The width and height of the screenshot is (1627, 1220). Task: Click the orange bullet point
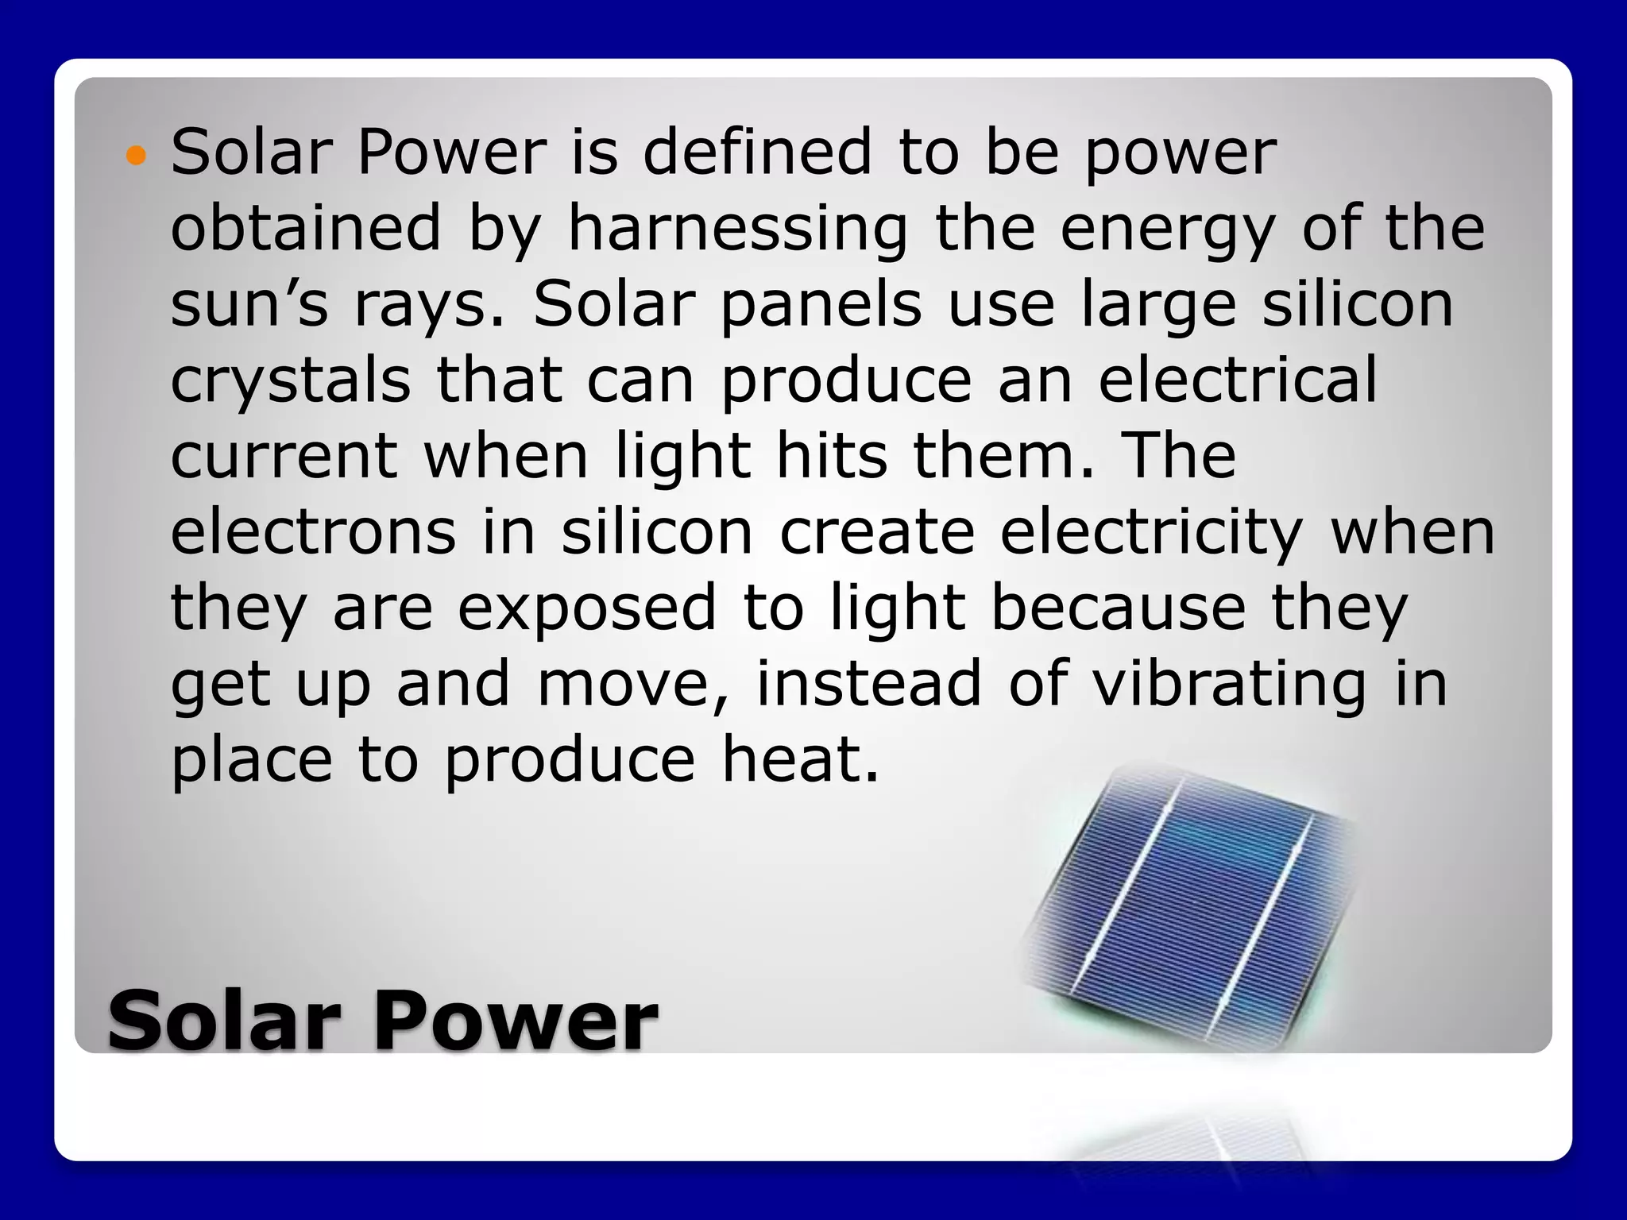(137, 156)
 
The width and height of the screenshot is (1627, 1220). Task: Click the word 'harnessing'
(737, 229)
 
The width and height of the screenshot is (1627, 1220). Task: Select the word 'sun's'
(249, 306)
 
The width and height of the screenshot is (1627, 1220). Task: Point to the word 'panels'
(821, 306)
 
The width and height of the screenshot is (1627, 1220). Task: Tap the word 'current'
(284, 457)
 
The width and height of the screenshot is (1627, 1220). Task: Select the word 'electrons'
(313, 532)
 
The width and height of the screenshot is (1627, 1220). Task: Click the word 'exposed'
(587, 609)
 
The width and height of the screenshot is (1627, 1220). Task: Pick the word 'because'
(1119, 608)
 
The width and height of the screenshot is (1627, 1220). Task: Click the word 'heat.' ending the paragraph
(800, 759)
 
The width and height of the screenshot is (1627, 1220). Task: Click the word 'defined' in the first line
(757, 152)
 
